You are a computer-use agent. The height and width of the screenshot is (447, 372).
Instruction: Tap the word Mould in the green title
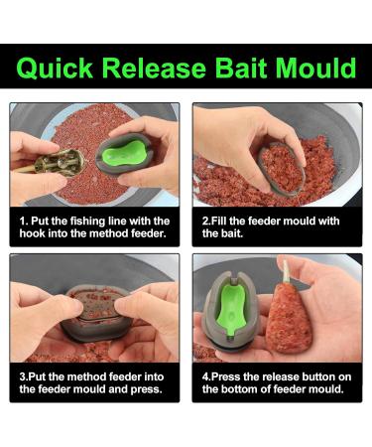pyautogui.click(x=308, y=69)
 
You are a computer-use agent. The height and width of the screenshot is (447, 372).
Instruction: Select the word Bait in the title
pyautogui.click(x=229, y=69)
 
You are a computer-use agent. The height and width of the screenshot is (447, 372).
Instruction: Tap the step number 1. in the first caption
pyautogui.click(x=25, y=221)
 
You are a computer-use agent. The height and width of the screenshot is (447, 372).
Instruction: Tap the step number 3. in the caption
pyautogui.click(x=25, y=377)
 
